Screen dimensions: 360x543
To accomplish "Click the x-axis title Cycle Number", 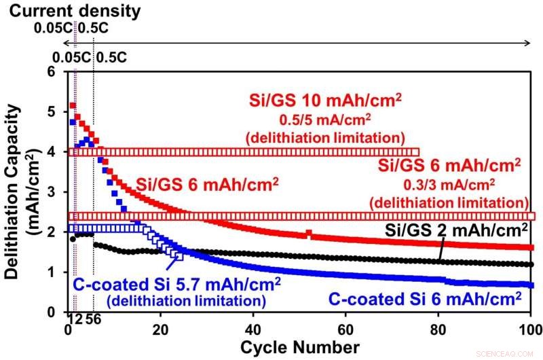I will pos(299,347).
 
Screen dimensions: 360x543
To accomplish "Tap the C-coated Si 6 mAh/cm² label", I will pos(424,298).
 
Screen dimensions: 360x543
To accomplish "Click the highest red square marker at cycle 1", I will pos(72,106).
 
